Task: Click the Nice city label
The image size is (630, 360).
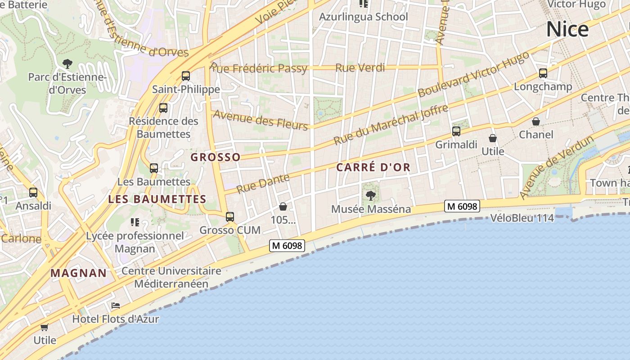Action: tap(567, 29)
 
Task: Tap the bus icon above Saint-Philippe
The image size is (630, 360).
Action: tap(186, 76)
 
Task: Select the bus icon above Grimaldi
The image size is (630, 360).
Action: tap(456, 131)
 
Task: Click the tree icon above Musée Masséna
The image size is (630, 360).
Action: tap(371, 196)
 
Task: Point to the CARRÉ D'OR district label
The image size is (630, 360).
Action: tap(373, 167)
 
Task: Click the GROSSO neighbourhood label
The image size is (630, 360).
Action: tap(216, 157)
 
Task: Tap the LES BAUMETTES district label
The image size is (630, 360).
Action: tap(157, 199)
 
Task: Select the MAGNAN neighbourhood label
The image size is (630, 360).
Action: tap(79, 273)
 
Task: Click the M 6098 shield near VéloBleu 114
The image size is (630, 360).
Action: tap(462, 206)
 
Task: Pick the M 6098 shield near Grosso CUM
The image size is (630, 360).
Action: tap(287, 246)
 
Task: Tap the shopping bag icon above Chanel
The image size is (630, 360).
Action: tap(536, 121)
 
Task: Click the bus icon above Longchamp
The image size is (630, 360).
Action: tap(543, 73)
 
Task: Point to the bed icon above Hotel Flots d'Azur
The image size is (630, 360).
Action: tap(116, 306)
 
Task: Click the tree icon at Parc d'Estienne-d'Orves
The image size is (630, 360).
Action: tap(67, 63)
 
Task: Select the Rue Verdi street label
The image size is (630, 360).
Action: tap(360, 68)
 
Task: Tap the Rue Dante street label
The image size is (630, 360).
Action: tap(263, 184)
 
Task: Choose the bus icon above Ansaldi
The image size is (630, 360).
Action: tap(33, 193)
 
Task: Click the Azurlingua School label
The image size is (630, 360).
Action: tap(363, 17)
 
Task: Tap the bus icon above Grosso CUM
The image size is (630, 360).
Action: tap(230, 217)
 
